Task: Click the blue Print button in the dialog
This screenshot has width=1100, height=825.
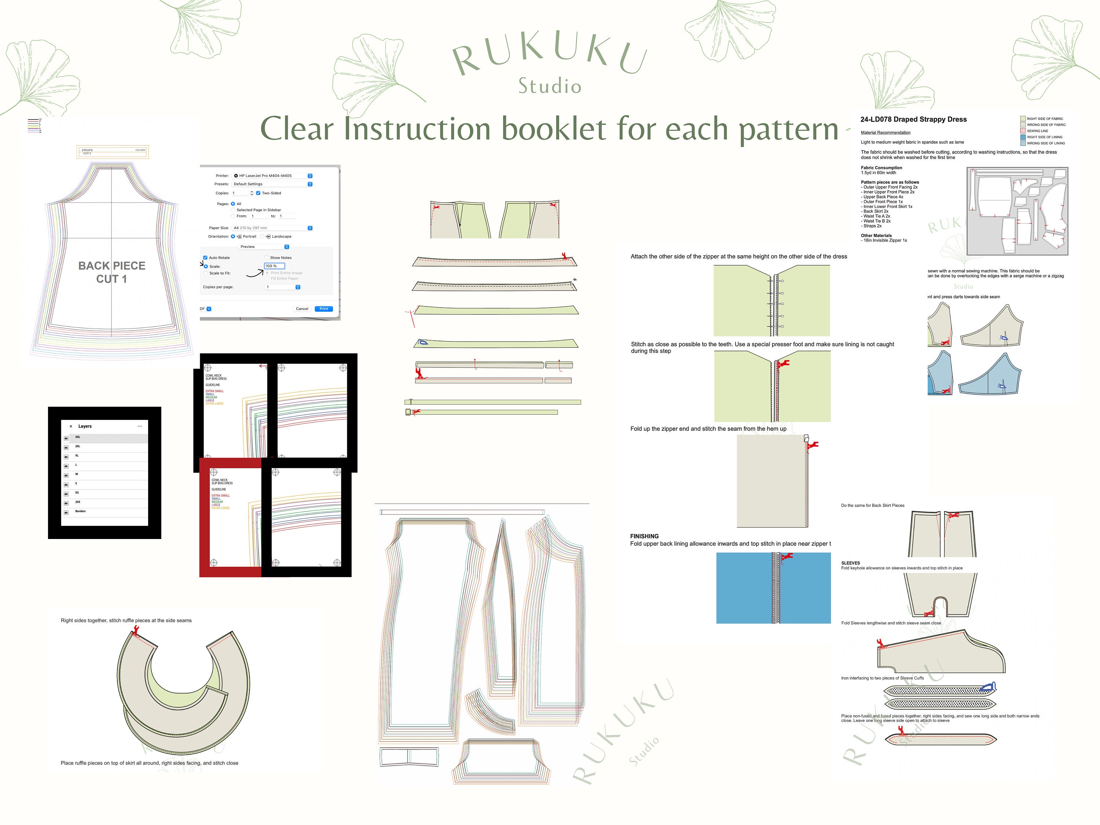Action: pyautogui.click(x=323, y=309)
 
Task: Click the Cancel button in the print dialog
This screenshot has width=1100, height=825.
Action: pyautogui.click(x=302, y=309)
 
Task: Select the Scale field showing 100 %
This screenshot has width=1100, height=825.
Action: pyautogui.click(x=274, y=266)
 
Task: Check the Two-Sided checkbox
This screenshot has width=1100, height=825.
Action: pyautogui.click(x=258, y=193)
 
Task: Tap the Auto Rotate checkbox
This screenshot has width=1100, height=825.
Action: pyautogui.click(x=205, y=258)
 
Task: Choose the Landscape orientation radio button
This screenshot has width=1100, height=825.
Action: pyautogui.click(x=262, y=237)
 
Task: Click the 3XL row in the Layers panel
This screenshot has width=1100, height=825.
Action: pyautogui.click(x=104, y=437)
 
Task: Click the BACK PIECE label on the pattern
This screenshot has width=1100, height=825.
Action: pyautogui.click(x=112, y=266)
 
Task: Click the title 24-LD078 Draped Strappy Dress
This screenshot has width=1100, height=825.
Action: pyautogui.click(x=913, y=119)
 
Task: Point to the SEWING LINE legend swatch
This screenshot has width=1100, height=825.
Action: pyautogui.click(x=1023, y=131)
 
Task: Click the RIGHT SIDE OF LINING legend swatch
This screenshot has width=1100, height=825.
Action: pyautogui.click(x=1023, y=137)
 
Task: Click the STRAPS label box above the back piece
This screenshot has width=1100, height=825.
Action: pyautogui.click(x=113, y=152)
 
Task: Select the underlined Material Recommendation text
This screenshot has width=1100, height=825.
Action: pyautogui.click(x=885, y=133)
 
